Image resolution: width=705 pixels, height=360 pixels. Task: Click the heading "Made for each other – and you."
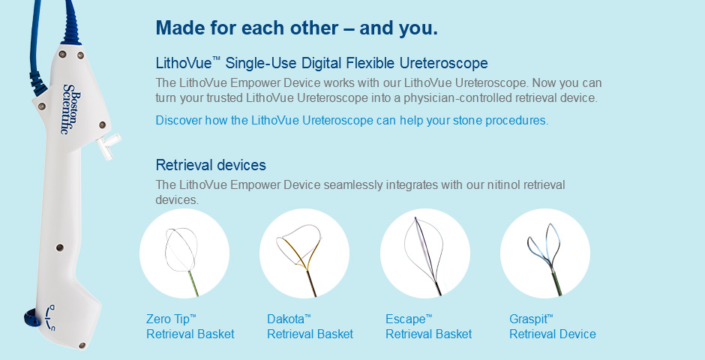pyautogui.click(x=297, y=28)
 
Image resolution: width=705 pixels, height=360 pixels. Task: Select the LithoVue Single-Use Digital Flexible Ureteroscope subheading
pyautogui.click(x=322, y=63)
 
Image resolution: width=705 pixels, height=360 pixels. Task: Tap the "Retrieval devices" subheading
pyautogui.click(x=211, y=165)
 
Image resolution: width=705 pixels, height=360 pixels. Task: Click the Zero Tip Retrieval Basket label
pyautogui.click(x=190, y=327)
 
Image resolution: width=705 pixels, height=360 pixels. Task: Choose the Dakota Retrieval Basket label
pyautogui.click(x=310, y=327)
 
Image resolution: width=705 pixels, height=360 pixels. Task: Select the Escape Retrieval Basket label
pyautogui.click(x=429, y=327)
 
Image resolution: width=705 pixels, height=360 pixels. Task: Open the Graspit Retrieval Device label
pyautogui.click(x=553, y=327)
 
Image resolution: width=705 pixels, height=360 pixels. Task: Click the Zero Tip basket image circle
pyautogui.click(x=184, y=253)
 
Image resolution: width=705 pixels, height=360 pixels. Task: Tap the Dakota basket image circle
pyautogui.click(x=304, y=253)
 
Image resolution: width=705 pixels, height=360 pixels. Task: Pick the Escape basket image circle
pyautogui.click(x=425, y=253)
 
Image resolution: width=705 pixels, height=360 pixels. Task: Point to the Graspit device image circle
pyautogui.click(x=545, y=253)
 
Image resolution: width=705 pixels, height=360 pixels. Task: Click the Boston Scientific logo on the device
pyautogui.click(x=72, y=109)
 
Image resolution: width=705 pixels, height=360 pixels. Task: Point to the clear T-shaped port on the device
pyautogui.click(x=109, y=145)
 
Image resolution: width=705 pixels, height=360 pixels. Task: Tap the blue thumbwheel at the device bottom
pyautogui.click(x=30, y=319)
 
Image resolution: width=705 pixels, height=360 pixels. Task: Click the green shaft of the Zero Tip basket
pyautogui.click(x=193, y=283)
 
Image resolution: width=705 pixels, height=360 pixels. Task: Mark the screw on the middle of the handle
pyautogui.click(x=59, y=247)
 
